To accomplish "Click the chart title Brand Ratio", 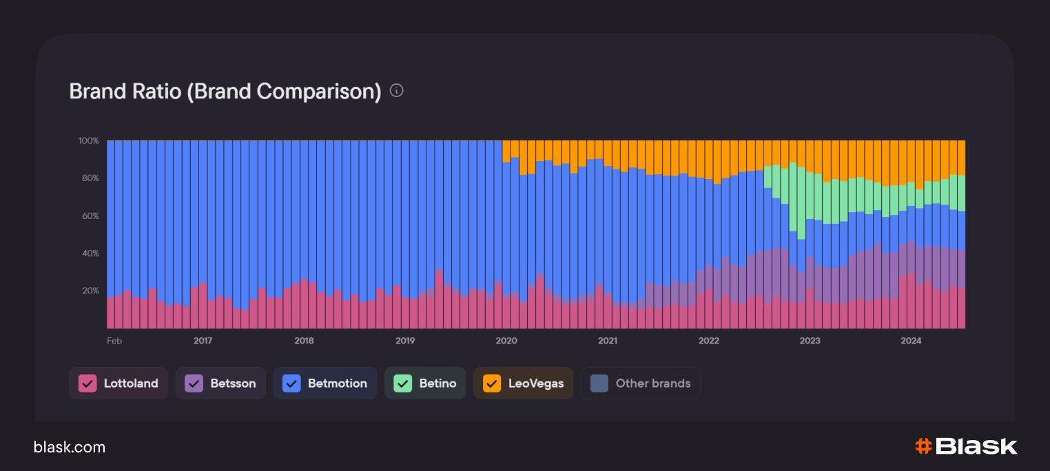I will [225, 92].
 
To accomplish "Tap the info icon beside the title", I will [396, 90].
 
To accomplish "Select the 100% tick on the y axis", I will [89, 140].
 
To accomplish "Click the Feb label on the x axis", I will [114, 340].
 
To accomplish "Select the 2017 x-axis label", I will [203, 340].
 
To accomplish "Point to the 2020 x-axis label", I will [506, 340].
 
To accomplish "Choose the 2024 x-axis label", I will [911, 340].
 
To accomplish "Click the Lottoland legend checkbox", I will [87, 384].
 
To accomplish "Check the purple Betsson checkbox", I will [194, 384].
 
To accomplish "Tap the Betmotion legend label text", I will [337, 384].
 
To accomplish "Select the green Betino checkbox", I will [403, 384].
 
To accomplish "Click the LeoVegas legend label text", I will [535, 384].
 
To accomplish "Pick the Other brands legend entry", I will [640, 384].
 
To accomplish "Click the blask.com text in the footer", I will [70, 448].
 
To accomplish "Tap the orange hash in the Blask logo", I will [923, 446].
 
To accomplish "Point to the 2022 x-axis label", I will [708, 340].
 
